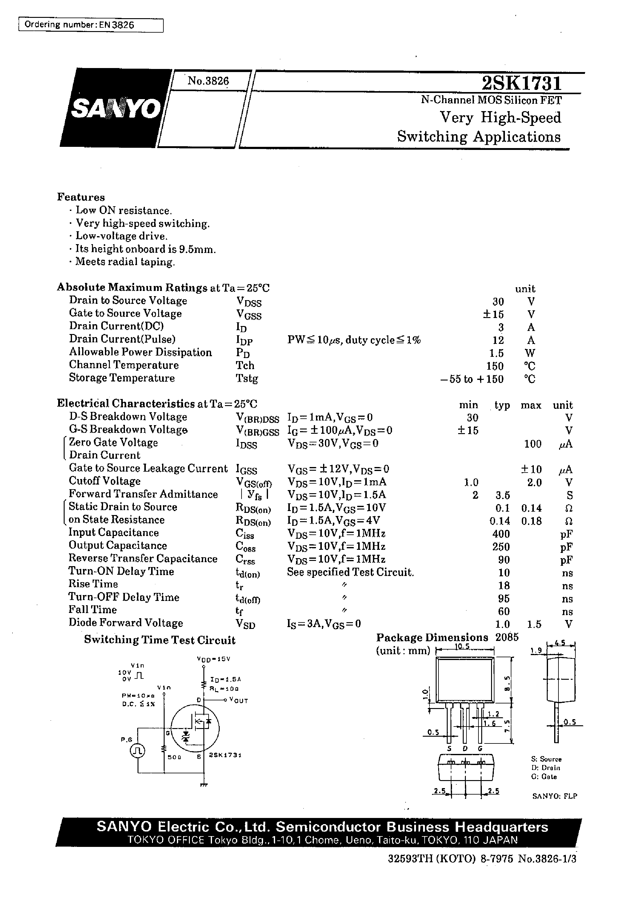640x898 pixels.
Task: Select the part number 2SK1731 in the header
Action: pyautogui.click(x=521, y=83)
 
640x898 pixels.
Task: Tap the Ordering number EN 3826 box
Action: pyautogui.click(x=91, y=25)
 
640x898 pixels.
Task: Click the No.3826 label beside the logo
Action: pyautogui.click(x=208, y=81)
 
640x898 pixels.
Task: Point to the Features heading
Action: pyautogui.click(x=81, y=197)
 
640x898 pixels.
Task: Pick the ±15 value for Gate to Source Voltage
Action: pyautogui.click(x=493, y=315)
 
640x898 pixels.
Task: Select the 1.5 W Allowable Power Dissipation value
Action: pyautogui.click(x=498, y=353)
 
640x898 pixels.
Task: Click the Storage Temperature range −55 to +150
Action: pyautogui.click(x=472, y=379)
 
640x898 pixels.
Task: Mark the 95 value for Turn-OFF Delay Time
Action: pyautogui.click(x=504, y=599)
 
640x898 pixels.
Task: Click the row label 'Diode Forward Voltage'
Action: pyautogui.click(x=126, y=623)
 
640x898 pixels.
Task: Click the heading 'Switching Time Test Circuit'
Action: pyautogui.click(x=160, y=641)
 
